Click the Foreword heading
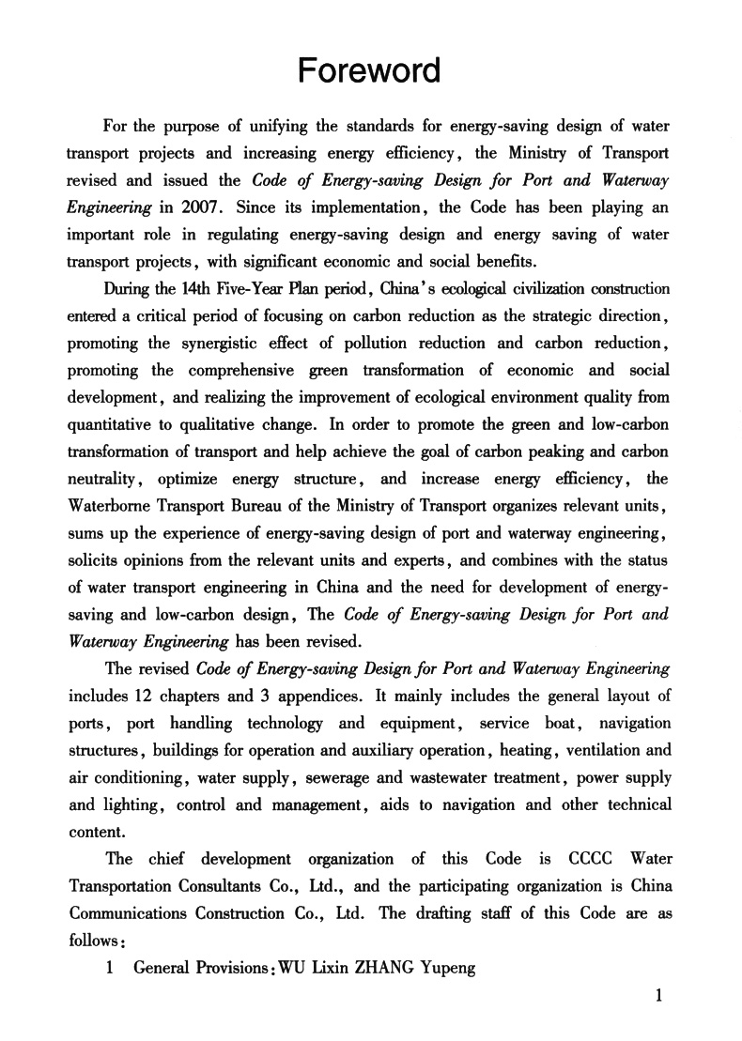[x=369, y=70]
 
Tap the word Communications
[x=130, y=913]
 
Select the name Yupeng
[x=449, y=968]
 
